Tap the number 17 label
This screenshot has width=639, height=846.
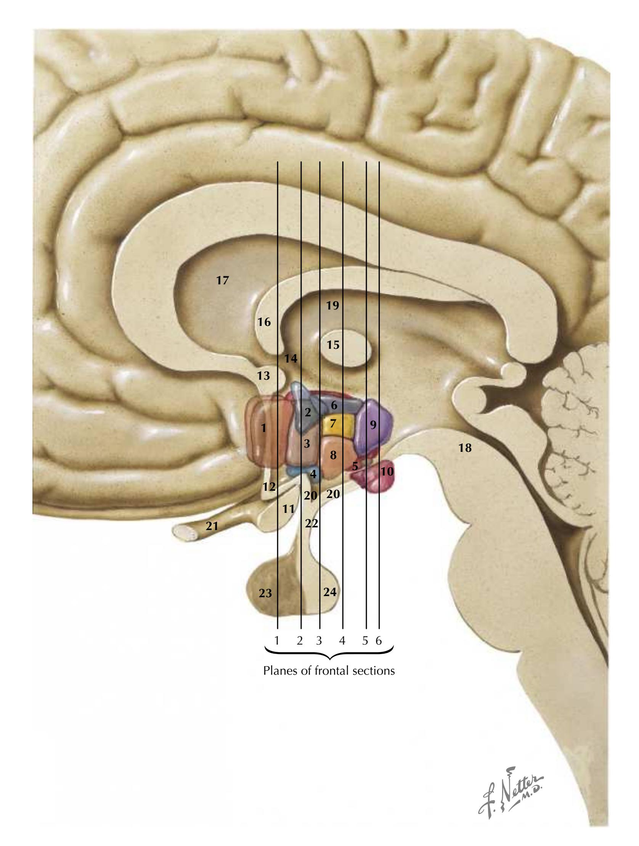222,280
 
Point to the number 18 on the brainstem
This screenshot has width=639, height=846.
465,448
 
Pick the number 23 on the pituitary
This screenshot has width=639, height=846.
265,593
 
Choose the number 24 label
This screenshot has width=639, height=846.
330,591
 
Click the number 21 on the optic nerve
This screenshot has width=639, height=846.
212,526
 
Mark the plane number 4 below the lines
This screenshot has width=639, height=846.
342,641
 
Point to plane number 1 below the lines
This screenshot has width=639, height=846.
277,641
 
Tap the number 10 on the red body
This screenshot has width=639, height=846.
387,471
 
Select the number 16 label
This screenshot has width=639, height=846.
264,322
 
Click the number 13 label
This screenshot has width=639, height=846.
263,375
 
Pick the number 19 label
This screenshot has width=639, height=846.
332,305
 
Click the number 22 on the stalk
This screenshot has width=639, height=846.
311,523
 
